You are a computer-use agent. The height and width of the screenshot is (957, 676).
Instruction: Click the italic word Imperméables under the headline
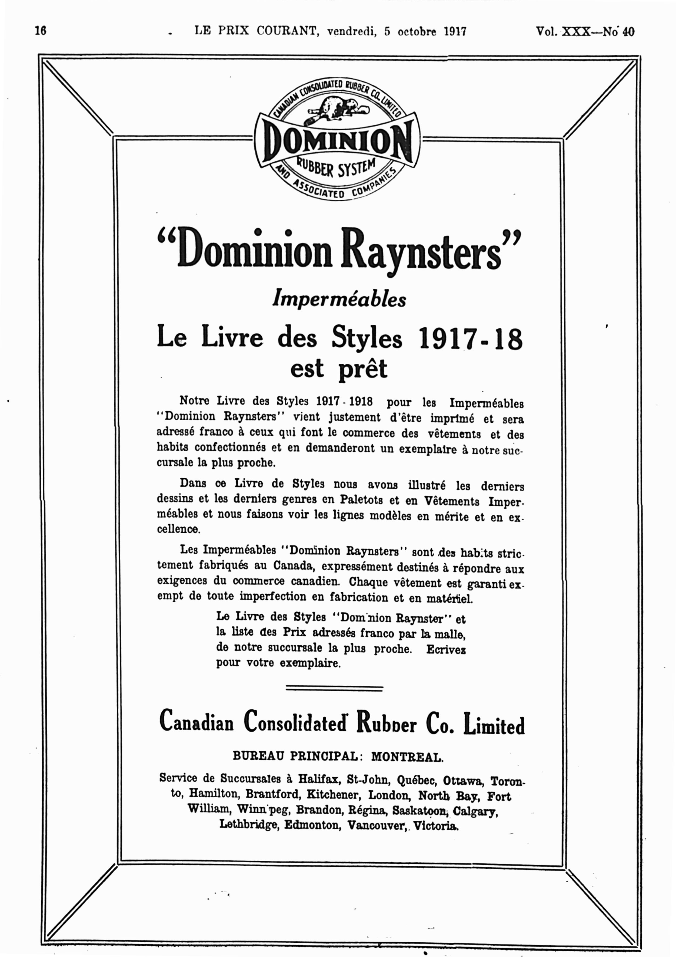point(339,298)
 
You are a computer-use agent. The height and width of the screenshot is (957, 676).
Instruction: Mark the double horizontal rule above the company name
point(334,689)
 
